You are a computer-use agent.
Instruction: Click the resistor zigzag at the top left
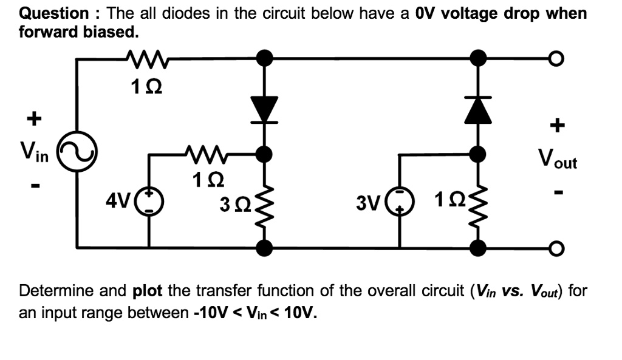click(x=145, y=59)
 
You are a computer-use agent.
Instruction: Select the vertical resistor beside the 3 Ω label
click(x=264, y=203)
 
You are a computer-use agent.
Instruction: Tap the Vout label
click(x=557, y=160)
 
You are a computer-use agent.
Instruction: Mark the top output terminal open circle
click(x=554, y=59)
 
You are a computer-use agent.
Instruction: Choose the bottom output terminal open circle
click(x=554, y=247)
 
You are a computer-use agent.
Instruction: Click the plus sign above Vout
click(x=556, y=126)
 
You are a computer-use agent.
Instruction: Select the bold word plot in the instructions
click(x=147, y=291)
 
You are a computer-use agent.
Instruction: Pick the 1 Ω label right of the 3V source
click(x=448, y=200)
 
